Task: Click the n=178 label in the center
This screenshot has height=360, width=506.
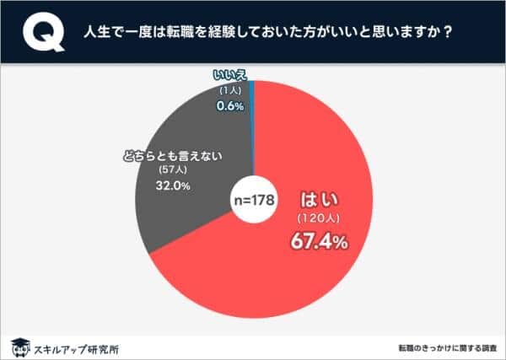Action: coord(255,201)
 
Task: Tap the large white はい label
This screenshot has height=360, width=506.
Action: coord(318,201)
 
